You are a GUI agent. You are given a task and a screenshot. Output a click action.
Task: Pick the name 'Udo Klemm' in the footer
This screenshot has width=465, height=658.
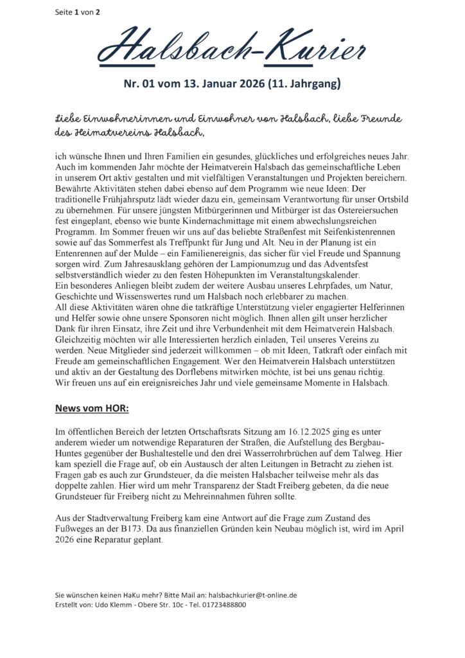tap(114, 605)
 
